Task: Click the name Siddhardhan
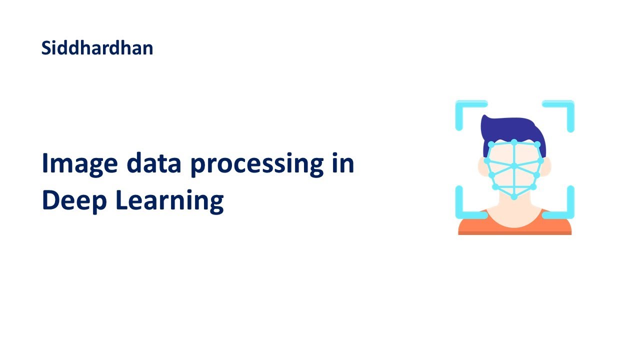click(97, 48)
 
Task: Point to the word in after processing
click(342, 163)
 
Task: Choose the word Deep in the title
click(75, 201)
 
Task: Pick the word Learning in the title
click(169, 201)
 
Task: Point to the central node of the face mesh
click(514, 165)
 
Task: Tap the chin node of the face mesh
click(514, 197)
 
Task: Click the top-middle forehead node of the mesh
click(514, 142)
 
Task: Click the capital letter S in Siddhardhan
click(46, 48)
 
